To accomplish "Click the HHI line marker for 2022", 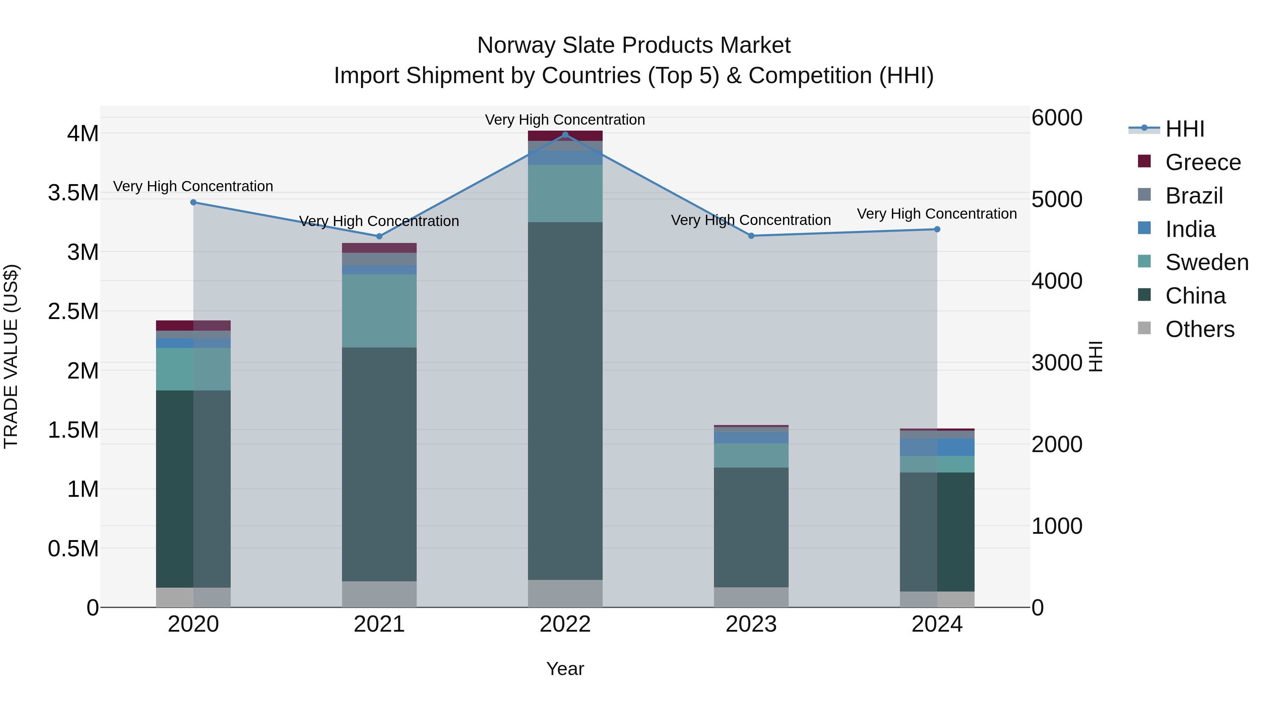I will [565, 135].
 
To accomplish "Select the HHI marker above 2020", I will [193, 202].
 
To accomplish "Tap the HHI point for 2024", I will [937, 229].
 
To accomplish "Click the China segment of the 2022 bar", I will [565, 401].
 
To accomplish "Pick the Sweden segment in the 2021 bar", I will [379, 311].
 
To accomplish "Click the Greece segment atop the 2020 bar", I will [193, 325].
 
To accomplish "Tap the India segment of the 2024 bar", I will [937, 447].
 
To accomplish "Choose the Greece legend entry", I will [1202, 162].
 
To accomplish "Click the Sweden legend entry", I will [1206, 262].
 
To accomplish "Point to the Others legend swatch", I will [1144, 328].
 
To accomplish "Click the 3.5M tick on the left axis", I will [73, 193].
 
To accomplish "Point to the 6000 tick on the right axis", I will [1057, 118].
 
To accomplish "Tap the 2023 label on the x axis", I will [751, 624].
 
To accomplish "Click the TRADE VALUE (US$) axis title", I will [11, 356].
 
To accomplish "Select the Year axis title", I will [565, 669].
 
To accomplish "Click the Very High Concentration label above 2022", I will [565, 120].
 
